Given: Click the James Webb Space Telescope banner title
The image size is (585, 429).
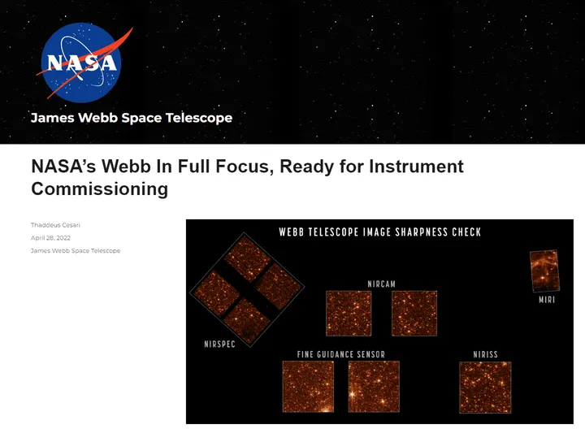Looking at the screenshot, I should [x=132, y=118].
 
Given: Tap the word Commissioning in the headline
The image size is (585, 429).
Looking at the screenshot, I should [x=99, y=189].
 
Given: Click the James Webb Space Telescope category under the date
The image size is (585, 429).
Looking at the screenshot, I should [x=76, y=251].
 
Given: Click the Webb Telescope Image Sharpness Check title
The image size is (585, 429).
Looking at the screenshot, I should [x=380, y=232].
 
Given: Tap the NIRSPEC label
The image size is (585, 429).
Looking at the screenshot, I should [x=219, y=344].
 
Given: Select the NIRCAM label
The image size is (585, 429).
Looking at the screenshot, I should [x=381, y=284].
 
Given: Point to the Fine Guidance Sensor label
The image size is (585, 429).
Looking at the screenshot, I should [x=341, y=354].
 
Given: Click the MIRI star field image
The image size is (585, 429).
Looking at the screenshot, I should [x=544, y=271].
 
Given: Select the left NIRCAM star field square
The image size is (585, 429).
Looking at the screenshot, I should [x=349, y=313].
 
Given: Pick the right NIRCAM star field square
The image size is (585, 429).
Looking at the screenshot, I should [x=414, y=313].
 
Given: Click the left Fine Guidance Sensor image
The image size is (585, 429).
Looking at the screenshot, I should [x=308, y=387].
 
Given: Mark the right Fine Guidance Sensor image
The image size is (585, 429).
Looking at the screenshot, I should [x=374, y=387].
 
